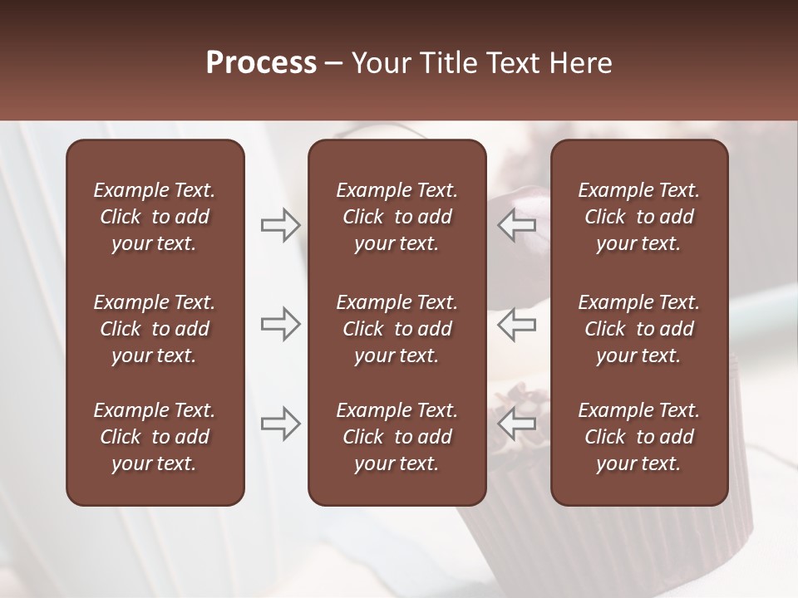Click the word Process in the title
click(261, 63)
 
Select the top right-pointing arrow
click(281, 224)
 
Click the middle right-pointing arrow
click(281, 324)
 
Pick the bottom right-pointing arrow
click(281, 424)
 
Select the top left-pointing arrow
click(517, 224)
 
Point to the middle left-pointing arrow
click(517, 324)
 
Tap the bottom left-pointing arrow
click(517, 424)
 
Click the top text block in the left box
click(155, 217)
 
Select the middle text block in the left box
click(155, 329)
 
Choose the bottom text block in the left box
click(155, 437)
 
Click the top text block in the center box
click(397, 217)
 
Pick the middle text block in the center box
click(397, 329)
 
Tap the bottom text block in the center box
click(397, 437)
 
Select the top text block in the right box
click(639, 217)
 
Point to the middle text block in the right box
click(639, 329)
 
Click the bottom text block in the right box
click(639, 437)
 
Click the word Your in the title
click(380, 63)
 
